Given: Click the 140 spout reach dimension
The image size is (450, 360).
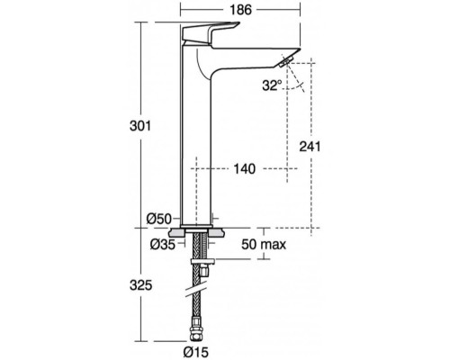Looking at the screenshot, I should tap(245, 167).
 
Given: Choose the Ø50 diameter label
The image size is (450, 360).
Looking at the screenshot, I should tap(159, 217).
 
